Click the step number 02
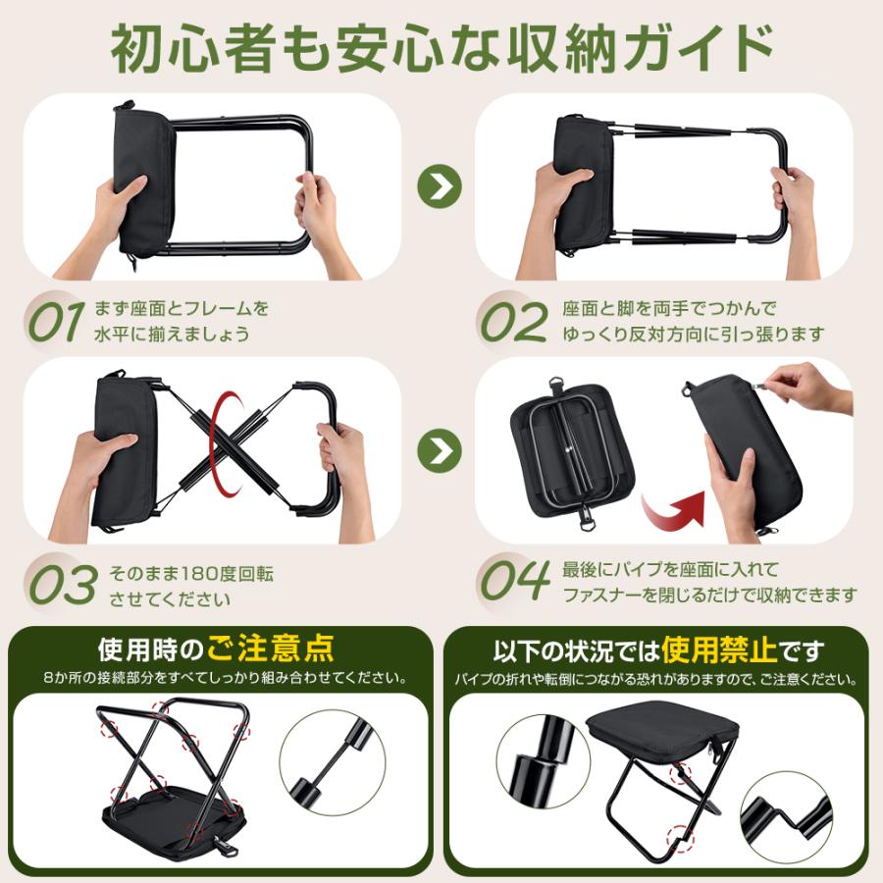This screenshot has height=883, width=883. pyautogui.click(x=513, y=321)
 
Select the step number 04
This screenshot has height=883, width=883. pyautogui.click(x=516, y=582)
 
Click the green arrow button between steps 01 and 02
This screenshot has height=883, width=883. pyautogui.click(x=439, y=185)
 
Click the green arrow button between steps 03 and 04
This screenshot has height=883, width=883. pyautogui.click(x=439, y=450)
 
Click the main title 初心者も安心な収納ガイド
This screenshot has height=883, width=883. pyautogui.click(x=441, y=46)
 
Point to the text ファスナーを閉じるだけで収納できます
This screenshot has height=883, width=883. pyautogui.click(x=709, y=595)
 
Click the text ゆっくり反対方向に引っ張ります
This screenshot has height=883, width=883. pyautogui.click(x=693, y=334)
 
